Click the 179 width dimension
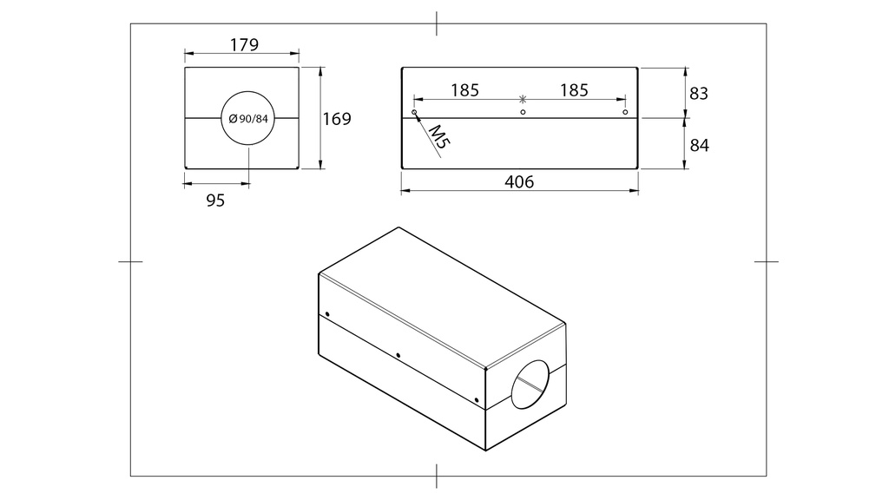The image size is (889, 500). click(244, 44)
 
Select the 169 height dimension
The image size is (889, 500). click(337, 119)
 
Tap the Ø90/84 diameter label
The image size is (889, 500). click(248, 118)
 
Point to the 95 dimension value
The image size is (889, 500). click(215, 201)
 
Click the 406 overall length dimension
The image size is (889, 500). click(519, 182)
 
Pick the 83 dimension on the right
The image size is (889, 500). click(699, 93)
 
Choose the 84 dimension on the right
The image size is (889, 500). click(699, 146)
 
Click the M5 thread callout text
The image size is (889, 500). click(438, 138)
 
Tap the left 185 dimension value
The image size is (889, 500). click(465, 90)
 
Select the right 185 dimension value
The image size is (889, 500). click(575, 90)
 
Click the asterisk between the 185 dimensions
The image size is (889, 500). click(523, 99)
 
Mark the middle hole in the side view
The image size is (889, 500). click(523, 112)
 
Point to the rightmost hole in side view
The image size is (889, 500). click(625, 112)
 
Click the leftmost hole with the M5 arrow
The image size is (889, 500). click(414, 112)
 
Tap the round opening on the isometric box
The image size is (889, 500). click(530, 385)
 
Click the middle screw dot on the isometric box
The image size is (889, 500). click(398, 355)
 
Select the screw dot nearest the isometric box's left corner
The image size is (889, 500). click(327, 314)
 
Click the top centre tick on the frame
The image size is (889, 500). click(437, 23)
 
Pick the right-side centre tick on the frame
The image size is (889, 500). click(767, 261)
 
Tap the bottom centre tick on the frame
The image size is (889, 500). click(437, 477)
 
